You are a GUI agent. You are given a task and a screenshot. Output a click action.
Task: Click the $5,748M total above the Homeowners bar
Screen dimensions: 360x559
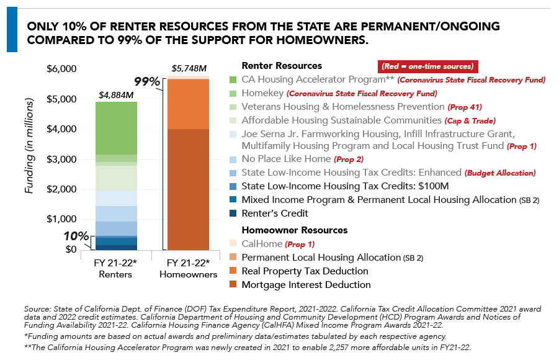pos(189,68)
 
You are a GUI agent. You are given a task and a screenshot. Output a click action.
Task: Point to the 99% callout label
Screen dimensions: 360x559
pos(148,81)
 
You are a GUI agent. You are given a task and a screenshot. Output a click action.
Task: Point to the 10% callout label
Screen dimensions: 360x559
pos(76,236)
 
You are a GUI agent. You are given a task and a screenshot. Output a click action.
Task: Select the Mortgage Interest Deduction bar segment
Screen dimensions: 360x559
pos(188,189)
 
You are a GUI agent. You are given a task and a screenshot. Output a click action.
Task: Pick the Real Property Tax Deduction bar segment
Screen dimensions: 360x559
pos(188,104)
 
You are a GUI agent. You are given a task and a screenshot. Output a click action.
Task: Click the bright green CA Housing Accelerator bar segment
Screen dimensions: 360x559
pos(117,128)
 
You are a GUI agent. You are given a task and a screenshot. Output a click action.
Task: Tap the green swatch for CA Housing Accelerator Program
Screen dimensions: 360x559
pos(233,79)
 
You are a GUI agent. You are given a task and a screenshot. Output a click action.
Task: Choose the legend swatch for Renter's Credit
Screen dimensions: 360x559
pos(233,214)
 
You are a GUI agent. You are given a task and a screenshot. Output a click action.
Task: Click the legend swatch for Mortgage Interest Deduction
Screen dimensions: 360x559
pos(233,285)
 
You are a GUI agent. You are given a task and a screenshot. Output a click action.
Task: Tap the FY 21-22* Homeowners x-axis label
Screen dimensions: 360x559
pos(188,268)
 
